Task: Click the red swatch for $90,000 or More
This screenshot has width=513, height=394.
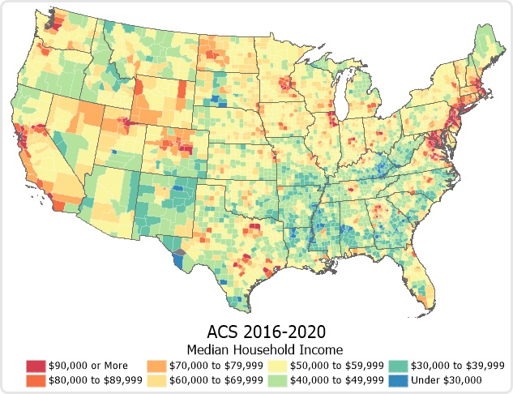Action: tap(36, 366)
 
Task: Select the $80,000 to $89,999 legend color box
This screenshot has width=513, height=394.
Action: tap(36, 379)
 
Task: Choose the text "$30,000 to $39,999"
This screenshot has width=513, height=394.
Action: tap(458, 366)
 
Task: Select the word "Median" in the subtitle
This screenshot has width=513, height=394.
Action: tap(208, 349)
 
